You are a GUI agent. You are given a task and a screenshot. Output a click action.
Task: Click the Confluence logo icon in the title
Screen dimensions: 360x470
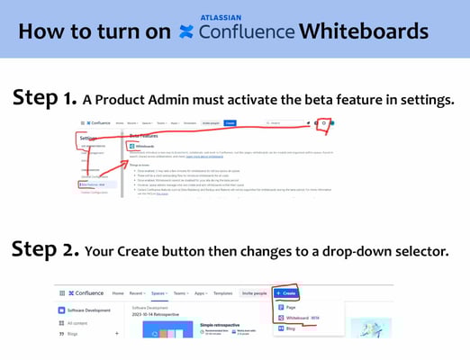187,32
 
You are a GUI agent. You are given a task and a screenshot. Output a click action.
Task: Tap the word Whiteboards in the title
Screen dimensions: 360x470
364,31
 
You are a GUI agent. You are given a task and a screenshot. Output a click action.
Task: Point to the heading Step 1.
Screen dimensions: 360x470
42,98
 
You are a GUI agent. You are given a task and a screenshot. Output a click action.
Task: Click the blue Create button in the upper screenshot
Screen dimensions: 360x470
230,122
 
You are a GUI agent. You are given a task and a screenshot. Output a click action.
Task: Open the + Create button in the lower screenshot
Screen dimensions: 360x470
286,293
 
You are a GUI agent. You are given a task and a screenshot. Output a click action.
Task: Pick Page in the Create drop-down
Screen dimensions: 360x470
291,307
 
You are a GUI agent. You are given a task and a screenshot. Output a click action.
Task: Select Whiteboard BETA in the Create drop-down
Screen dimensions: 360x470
301,318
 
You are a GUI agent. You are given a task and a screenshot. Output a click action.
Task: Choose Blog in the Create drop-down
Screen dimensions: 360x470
291,329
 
